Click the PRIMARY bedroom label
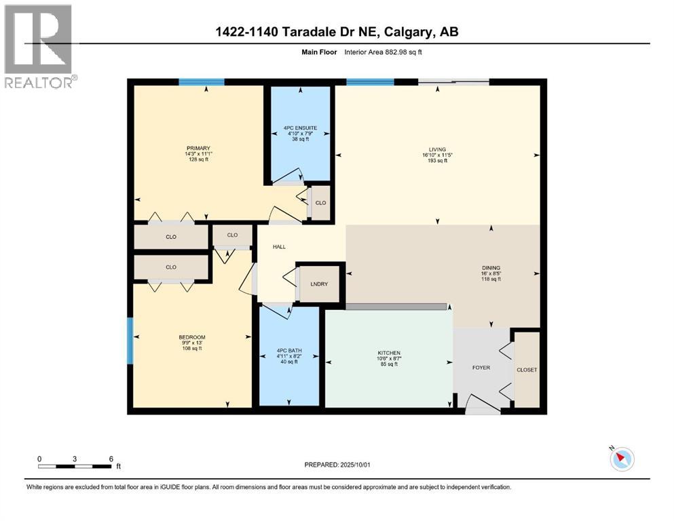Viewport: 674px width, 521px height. (199, 148)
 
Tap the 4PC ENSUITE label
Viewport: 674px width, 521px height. (300, 128)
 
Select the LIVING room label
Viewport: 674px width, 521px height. (436, 148)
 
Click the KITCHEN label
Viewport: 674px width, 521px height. (389, 353)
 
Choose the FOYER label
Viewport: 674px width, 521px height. (481, 368)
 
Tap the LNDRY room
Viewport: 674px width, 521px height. (319, 284)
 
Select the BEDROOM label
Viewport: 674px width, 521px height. (191, 337)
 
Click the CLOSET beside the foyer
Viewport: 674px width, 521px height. (527, 370)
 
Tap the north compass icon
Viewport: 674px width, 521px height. (621, 459)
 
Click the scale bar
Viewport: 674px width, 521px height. (75, 465)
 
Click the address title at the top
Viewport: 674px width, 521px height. (337, 32)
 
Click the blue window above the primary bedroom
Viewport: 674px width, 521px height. (202, 82)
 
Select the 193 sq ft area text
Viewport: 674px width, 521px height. (436, 161)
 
